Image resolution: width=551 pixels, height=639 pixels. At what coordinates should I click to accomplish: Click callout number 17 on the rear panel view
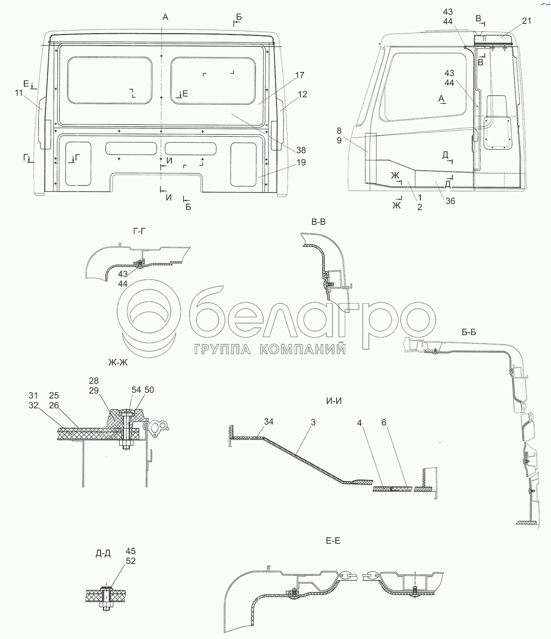click(299, 75)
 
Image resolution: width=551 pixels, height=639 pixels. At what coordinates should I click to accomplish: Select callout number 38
click(301, 150)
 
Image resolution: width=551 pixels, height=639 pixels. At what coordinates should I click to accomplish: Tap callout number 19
click(301, 162)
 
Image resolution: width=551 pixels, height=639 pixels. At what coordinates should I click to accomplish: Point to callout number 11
click(19, 92)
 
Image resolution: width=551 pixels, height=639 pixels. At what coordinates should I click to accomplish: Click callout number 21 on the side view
click(527, 21)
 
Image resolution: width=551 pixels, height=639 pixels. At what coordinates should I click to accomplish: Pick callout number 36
click(450, 201)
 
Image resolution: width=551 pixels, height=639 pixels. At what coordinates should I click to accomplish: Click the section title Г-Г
click(139, 231)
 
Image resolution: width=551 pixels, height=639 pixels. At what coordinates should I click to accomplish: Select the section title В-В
click(318, 222)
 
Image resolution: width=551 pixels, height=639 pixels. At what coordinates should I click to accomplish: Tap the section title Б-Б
click(469, 332)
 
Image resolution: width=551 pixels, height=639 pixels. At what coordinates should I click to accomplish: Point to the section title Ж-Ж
click(118, 363)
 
